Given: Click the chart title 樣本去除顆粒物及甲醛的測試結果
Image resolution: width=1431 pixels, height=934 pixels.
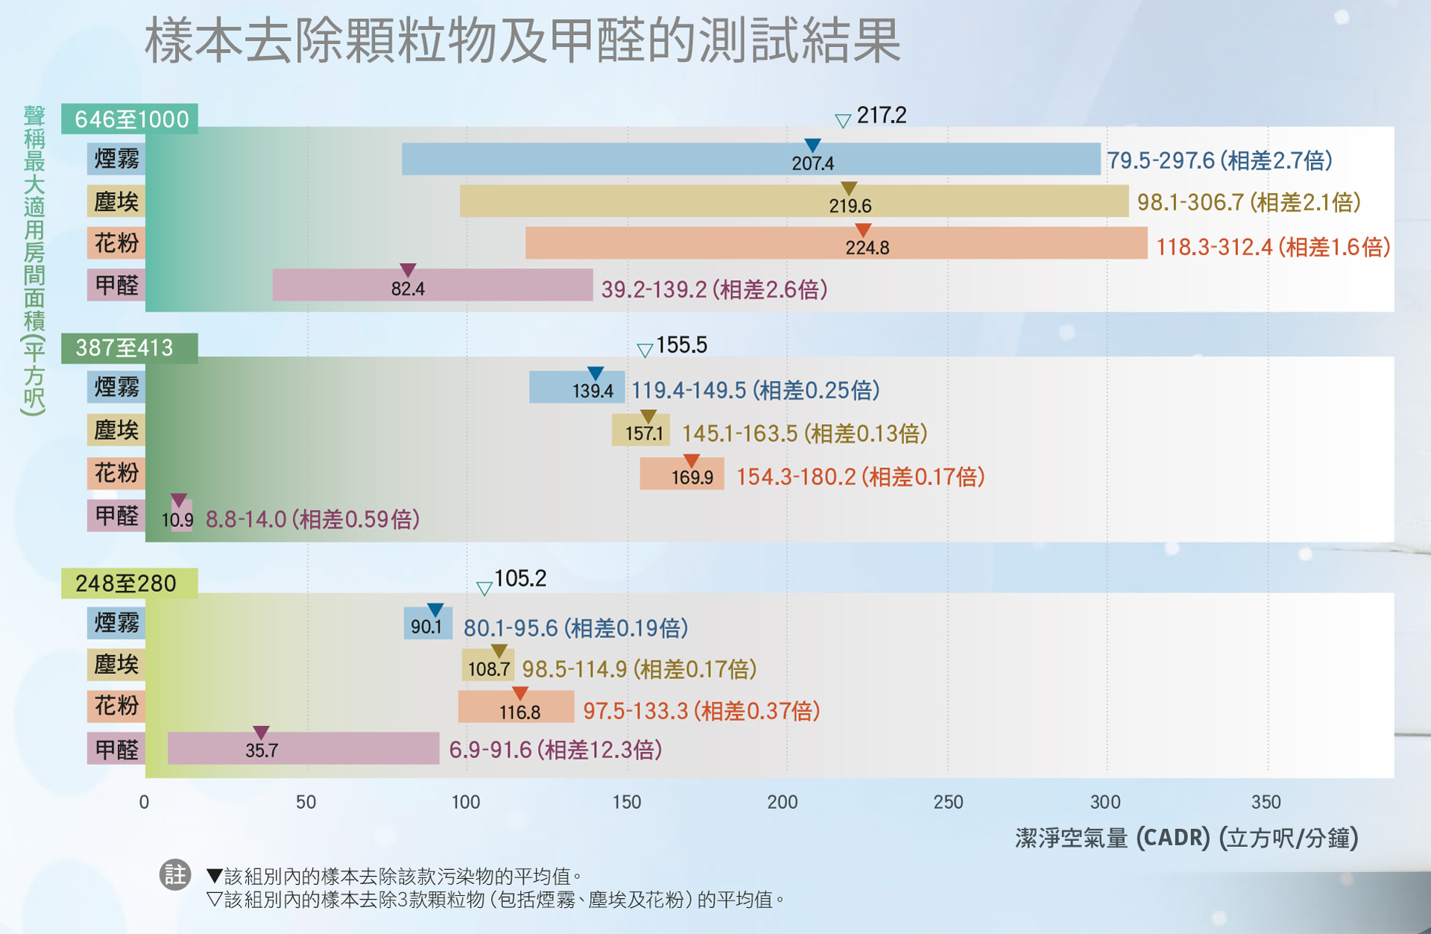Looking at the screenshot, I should tap(522, 41).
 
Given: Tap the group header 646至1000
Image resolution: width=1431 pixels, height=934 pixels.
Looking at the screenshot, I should tap(130, 119).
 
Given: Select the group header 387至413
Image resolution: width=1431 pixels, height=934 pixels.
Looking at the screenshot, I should tap(125, 348).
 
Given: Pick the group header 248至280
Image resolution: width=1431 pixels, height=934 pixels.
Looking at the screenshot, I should tap(127, 583).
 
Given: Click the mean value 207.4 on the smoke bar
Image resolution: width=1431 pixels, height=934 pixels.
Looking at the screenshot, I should tap(812, 163).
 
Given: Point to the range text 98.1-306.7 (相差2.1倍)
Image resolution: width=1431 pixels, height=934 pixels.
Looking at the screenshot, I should tap(1248, 202).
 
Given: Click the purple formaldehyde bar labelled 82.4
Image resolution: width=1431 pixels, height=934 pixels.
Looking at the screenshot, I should tap(432, 285).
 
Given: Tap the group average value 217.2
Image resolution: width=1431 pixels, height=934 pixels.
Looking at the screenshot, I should tap(881, 116).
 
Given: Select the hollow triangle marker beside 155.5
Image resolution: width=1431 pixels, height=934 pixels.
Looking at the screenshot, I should tap(645, 350).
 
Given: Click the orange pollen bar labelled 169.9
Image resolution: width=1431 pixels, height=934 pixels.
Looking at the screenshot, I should tap(681, 474).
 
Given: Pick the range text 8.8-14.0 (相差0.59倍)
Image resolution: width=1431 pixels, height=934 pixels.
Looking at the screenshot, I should tap(312, 520).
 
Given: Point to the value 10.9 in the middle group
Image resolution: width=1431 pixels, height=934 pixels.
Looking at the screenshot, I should tap(177, 520).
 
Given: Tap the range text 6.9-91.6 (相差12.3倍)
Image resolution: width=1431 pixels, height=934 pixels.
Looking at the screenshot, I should tap(555, 750).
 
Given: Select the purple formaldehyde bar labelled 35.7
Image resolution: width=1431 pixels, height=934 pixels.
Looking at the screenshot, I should tap(303, 748).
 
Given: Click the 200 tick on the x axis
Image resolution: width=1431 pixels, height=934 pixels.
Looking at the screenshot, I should tap(783, 802).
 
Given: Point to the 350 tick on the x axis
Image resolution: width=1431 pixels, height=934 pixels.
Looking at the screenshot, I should tap(1266, 802).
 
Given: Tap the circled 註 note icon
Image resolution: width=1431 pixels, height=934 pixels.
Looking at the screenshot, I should tap(175, 874).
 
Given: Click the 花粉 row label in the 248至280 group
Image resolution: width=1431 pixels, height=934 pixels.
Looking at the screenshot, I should tap(116, 705).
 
